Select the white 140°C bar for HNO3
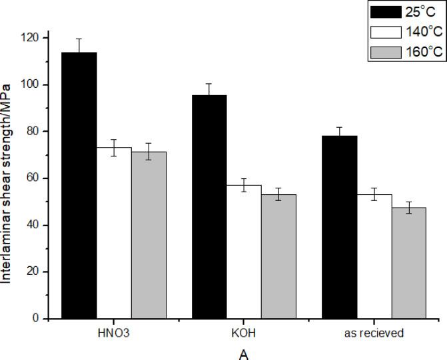[114, 233]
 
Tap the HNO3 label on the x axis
[113, 332]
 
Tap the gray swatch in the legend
[377, 52]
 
